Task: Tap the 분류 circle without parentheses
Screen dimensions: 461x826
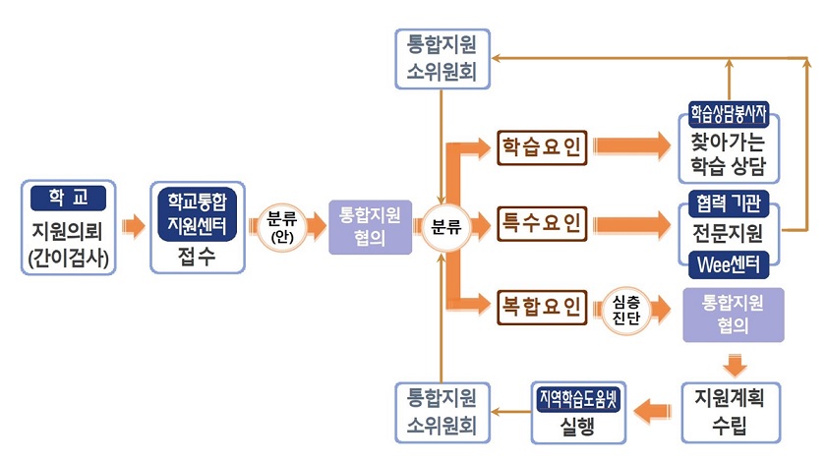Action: (x=444, y=226)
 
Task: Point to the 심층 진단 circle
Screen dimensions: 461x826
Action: (x=625, y=307)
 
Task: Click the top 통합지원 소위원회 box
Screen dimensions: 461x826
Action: (x=441, y=58)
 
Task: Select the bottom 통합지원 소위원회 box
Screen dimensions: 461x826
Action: (x=442, y=412)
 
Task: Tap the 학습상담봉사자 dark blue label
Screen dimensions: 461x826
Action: (x=730, y=113)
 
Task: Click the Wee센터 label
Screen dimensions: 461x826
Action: (x=730, y=264)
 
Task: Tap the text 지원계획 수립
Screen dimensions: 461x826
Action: (x=729, y=412)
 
